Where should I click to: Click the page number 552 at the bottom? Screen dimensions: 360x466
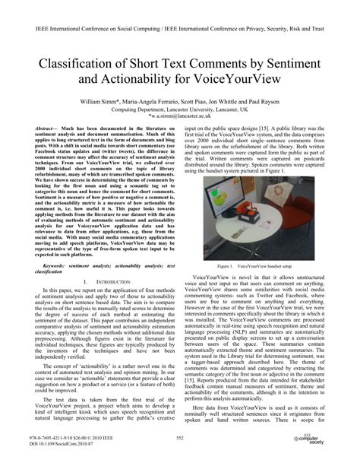180,439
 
